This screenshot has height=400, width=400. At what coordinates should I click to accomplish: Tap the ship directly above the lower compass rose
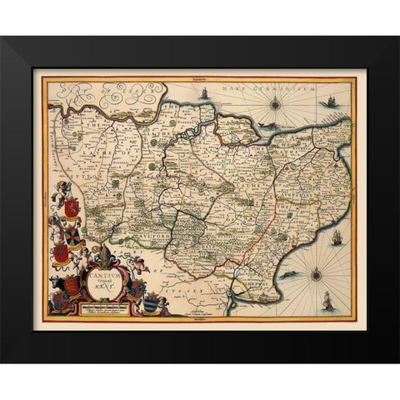click(337, 237)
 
